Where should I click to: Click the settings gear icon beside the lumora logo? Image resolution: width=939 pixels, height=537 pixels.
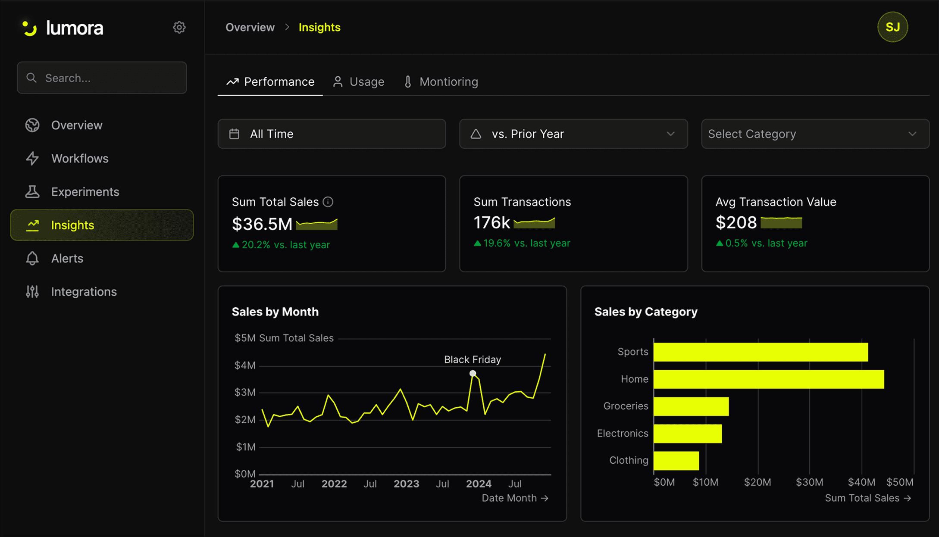click(179, 28)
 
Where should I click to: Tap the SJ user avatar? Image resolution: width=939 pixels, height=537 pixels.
click(892, 27)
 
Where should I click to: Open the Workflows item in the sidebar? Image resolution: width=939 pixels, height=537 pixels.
click(80, 159)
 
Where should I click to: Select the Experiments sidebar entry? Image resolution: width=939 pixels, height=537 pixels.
click(85, 192)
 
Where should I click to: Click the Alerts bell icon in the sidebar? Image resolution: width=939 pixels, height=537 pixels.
click(32, 259)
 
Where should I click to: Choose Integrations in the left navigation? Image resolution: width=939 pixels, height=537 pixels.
click(84, 292)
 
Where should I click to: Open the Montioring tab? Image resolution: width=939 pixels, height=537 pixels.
click(441, 82)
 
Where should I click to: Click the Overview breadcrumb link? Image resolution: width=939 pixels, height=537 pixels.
click(250, 28)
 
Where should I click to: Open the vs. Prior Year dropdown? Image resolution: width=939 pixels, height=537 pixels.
click(573, 134)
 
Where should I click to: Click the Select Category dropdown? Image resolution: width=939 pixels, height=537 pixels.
click(815, 134)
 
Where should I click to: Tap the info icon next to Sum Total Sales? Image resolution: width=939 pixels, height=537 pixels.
click(328, 202)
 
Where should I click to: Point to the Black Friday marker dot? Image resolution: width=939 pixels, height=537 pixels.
click(473, 373)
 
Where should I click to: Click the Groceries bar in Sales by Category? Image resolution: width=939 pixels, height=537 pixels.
click(691, 406)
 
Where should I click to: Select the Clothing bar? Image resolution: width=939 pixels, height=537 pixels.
click(676, 461)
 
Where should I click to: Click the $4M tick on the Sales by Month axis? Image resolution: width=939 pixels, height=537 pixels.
click(245, 365)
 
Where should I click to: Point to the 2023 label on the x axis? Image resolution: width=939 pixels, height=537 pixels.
click(406, 484)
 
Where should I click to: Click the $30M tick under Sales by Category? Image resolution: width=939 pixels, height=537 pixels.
click(809, 482)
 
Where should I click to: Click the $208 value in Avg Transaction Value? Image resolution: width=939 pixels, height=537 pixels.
click(736, 223)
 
